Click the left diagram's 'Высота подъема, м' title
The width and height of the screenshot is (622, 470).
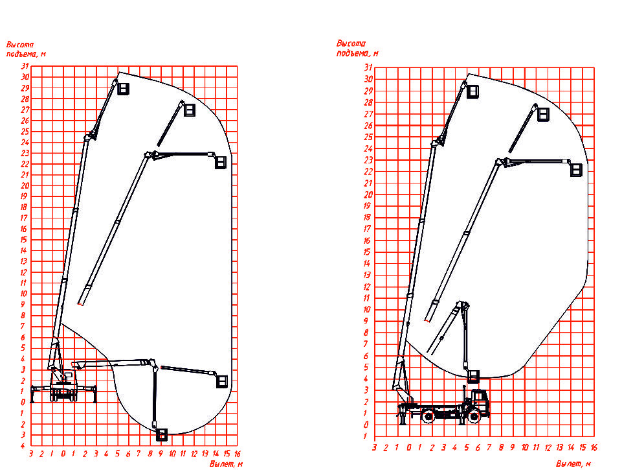26,49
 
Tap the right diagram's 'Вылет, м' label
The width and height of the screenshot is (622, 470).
573,464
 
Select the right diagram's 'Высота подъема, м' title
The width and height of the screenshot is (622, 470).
357,48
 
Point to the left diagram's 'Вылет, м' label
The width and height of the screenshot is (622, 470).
226,464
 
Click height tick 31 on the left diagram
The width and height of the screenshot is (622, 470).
25,66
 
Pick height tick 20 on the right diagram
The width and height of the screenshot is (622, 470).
368,194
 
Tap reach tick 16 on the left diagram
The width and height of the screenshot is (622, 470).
238,454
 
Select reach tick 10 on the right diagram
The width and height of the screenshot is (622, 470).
525,447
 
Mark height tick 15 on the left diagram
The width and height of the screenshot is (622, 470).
23,240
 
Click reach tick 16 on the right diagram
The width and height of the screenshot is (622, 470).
594,447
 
